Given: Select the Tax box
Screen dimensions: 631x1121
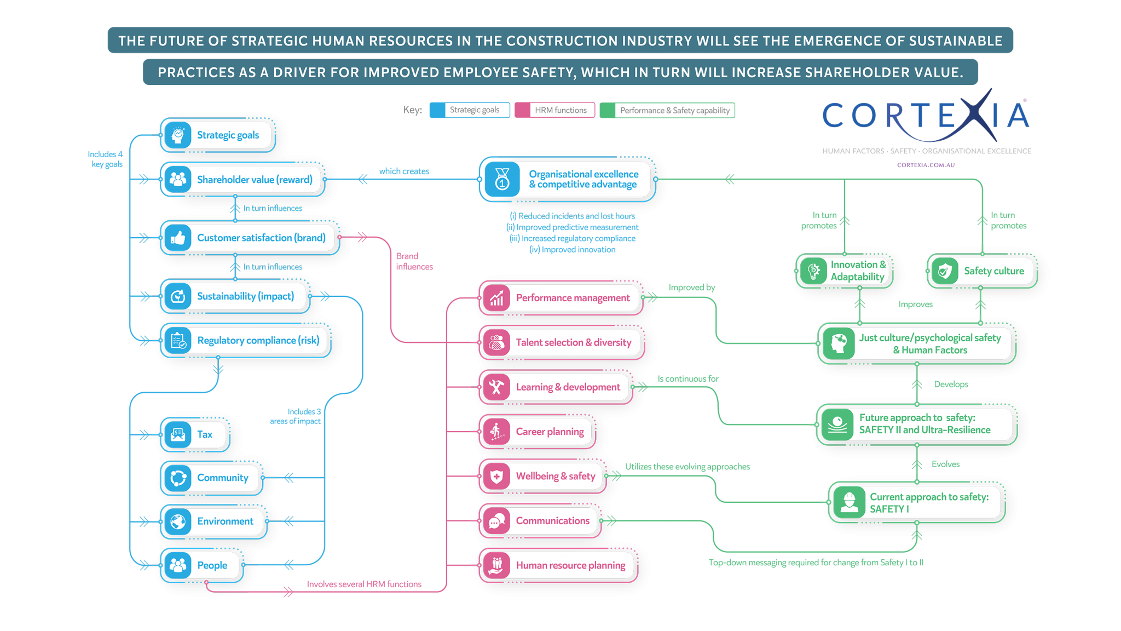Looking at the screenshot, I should (195, 434).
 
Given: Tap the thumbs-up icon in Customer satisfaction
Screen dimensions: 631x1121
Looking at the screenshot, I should (178, 238).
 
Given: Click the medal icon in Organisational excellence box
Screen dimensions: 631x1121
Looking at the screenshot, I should (502, 179).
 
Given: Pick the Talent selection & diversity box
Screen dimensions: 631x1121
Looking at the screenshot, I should (562, 342).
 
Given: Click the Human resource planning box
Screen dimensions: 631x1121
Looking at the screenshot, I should (558, 565).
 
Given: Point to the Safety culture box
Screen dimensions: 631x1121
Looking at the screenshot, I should (983, 271).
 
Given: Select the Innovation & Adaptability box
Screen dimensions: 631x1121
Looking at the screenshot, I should (845, 271).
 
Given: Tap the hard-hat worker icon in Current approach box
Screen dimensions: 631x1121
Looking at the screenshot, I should (849, 502).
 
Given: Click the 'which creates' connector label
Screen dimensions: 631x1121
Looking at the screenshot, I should (404, 171).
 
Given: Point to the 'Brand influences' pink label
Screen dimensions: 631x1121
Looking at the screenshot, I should (414, 261).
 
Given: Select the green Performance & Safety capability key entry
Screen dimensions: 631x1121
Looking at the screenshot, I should (668, 110).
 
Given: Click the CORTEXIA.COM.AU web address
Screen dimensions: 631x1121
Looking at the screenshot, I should (926, 165).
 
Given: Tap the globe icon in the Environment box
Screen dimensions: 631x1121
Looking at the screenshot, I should (178, 521).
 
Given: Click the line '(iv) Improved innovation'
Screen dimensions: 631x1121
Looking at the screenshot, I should (573, 250).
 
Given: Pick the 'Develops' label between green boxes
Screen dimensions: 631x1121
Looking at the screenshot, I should (951, 385).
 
